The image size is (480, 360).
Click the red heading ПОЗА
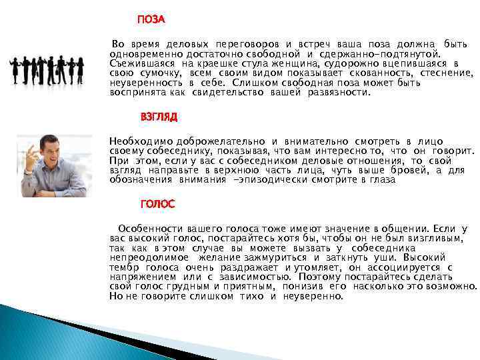pos(151,19)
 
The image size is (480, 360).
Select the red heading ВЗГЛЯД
pos(159,116)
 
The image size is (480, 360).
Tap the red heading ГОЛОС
pos(158,203)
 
